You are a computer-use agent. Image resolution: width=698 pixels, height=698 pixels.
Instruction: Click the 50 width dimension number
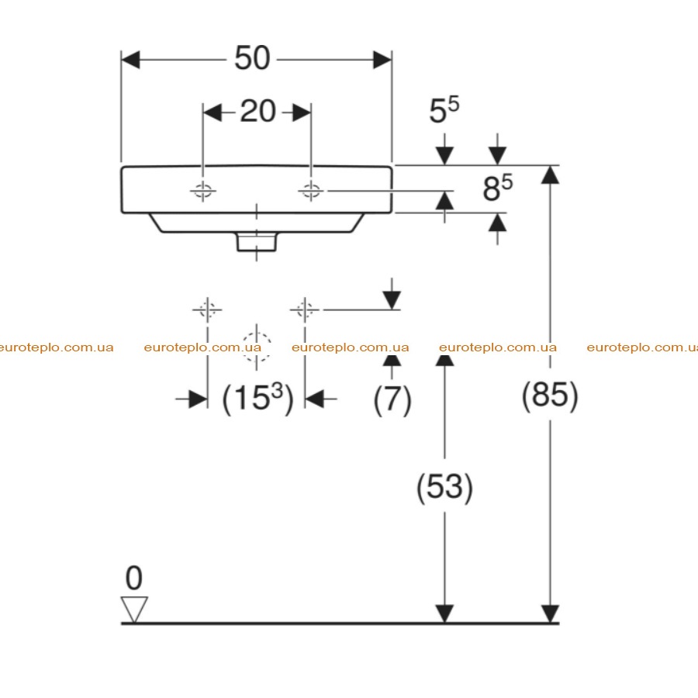pyautogui.click(x=252, y=58)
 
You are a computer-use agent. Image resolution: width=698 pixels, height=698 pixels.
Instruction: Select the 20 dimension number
pyautogui.click(x=257, y=111)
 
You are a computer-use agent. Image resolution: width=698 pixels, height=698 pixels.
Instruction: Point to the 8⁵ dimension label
pyautogui.click(x=498, y=187)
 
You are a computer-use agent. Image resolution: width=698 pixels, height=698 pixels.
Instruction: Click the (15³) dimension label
pyautogui.click(x=257, y=398)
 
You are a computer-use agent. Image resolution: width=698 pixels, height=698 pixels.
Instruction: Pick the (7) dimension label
pyautogui.click(x=392, y=399)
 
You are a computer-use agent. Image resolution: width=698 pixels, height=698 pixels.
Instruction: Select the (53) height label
pyautogui.click(x=444, y=487)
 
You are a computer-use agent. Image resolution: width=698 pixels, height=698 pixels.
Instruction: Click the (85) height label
pyautogui.click(x=550, y=395)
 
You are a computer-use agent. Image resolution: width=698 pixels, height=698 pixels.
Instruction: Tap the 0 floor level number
pyautogui.click(x=134, y=578)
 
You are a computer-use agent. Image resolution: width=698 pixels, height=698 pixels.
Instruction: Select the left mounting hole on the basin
pyautogui.click(x=203, y=191)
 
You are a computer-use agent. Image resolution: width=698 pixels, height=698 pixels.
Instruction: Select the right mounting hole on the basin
pyautogui.click(x=311, y=191)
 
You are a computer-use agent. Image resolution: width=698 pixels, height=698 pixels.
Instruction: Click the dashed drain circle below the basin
pyautogui.click(x=257, y=347)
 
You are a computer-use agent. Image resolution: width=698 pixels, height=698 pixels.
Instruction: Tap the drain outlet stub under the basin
pyautogui.click(x=257, y=242)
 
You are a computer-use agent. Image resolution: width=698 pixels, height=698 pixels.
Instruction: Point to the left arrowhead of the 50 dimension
pyautogui.click(x=130, y=60)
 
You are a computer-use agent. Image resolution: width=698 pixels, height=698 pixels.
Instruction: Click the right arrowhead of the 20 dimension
pyautogui.click(x=302, y=112)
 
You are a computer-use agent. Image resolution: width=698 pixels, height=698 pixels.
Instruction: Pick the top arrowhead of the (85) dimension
pyautogui.click(x=550, y=174)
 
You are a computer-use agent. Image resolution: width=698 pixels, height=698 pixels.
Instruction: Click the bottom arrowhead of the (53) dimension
pyautogui.click(x=444, y=613)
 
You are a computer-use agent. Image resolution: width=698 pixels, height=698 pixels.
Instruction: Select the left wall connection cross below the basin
pyautogui.click(x=207, y=309)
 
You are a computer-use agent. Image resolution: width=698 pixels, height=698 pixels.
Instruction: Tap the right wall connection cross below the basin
pyautogui.click(x=305, y=309)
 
